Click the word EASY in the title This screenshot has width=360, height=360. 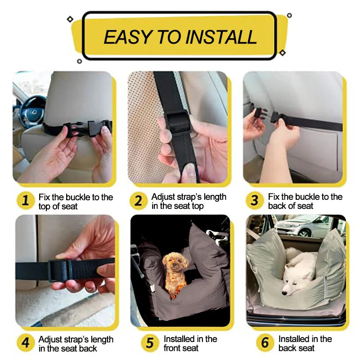[x=127, y=37]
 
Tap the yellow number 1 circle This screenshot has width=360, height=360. [x=26, y=201]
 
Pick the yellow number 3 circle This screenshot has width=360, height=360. [x=255, y=201]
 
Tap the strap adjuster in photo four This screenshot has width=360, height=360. [x=58, y=270]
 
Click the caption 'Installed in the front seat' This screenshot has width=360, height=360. [x=190, y=343]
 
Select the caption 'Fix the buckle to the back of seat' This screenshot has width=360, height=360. [x=305, y=201]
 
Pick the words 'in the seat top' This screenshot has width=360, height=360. [x=178, y=206]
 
